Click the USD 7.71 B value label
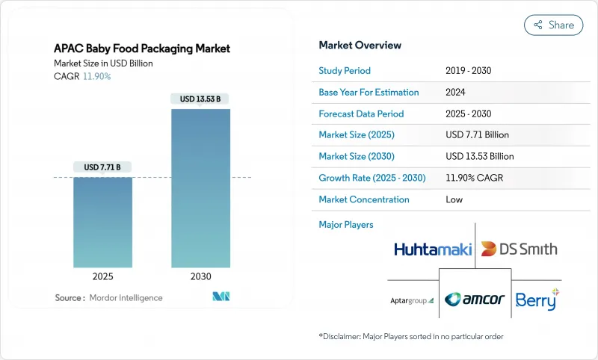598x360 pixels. [103, 166]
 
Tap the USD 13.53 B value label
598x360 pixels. [200, 99]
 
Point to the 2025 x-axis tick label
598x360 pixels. [103, 276]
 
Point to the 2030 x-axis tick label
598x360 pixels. [201, 276]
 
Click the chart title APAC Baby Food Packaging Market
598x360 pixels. [142, 49]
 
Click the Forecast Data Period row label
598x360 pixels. [361, 114]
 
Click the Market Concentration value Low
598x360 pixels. [454, 199]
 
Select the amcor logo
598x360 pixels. [475, 300]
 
